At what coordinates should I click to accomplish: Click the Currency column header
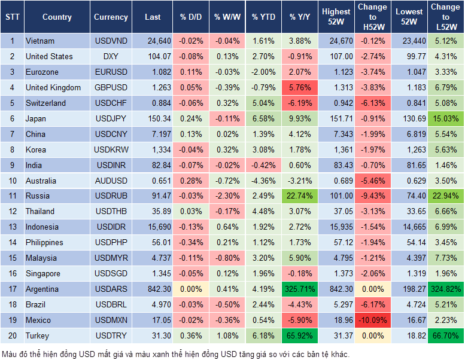tap(111, 17)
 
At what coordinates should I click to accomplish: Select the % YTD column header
tap(263, 17)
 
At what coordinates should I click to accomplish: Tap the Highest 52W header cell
tap(336, 17)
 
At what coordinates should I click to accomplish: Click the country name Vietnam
tap(40, 41)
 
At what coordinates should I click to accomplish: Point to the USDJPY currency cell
tap(111, 119)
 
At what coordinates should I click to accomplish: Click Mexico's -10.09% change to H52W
tap(372, 321)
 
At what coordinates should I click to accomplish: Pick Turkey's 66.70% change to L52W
tap(446, 336)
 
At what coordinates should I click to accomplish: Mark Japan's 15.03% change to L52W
tap(446, 119)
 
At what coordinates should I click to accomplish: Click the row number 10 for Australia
tap(12, 181)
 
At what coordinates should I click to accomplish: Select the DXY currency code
tap(111, 57)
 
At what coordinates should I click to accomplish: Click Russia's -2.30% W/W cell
tap(226, 196)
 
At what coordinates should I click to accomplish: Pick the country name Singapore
tap(43, 274)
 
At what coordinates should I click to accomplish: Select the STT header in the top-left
tap(12, 17)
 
